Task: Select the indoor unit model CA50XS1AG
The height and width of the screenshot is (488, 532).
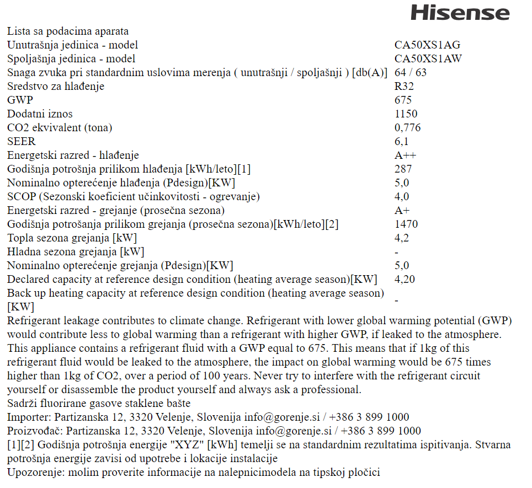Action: tap(427, 45)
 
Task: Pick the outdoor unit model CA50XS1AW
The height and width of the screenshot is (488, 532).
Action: tap(428, 59)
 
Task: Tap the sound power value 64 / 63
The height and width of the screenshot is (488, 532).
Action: tap(411, 73)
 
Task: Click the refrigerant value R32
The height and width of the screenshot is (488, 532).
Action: tap(404, 87)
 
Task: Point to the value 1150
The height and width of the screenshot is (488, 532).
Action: tap(406, 114)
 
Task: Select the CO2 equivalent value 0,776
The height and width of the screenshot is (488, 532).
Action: tap(408, 128)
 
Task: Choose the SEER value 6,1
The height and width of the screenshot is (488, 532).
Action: tap(402, 142)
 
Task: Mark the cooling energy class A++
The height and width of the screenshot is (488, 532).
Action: tap(406, 155)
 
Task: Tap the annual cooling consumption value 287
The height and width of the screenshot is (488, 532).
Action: tap(403, 169)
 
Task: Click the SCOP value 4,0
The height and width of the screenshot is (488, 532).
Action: tap(402, 197)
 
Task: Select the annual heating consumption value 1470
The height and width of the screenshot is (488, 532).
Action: tap(406, 224)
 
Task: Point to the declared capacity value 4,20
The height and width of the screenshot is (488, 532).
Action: tap(405, 280)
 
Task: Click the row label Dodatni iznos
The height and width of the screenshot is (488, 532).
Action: tap(40, 114)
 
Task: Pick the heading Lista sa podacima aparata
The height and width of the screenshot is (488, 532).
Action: tap(68, 31)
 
